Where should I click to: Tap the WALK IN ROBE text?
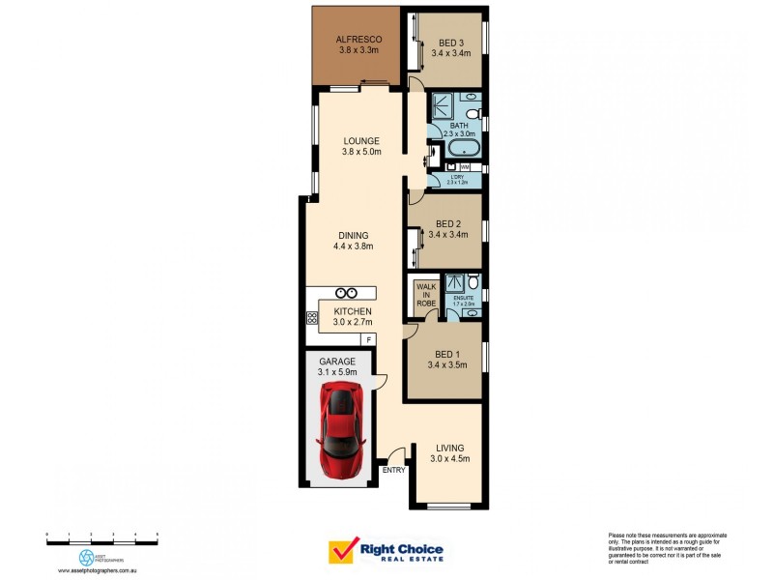pos(426,295)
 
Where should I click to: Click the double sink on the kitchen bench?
pos(348,292)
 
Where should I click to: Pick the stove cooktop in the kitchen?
pos(312,316)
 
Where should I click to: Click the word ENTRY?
pos(393,470)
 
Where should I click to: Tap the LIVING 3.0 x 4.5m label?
pos(450,453)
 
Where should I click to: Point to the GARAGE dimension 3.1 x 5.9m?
pos(338,371)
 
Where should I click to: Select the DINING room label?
pos(353,235)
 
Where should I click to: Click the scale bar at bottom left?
pos(101,535)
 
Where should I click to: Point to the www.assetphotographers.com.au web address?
pos(101,570)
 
